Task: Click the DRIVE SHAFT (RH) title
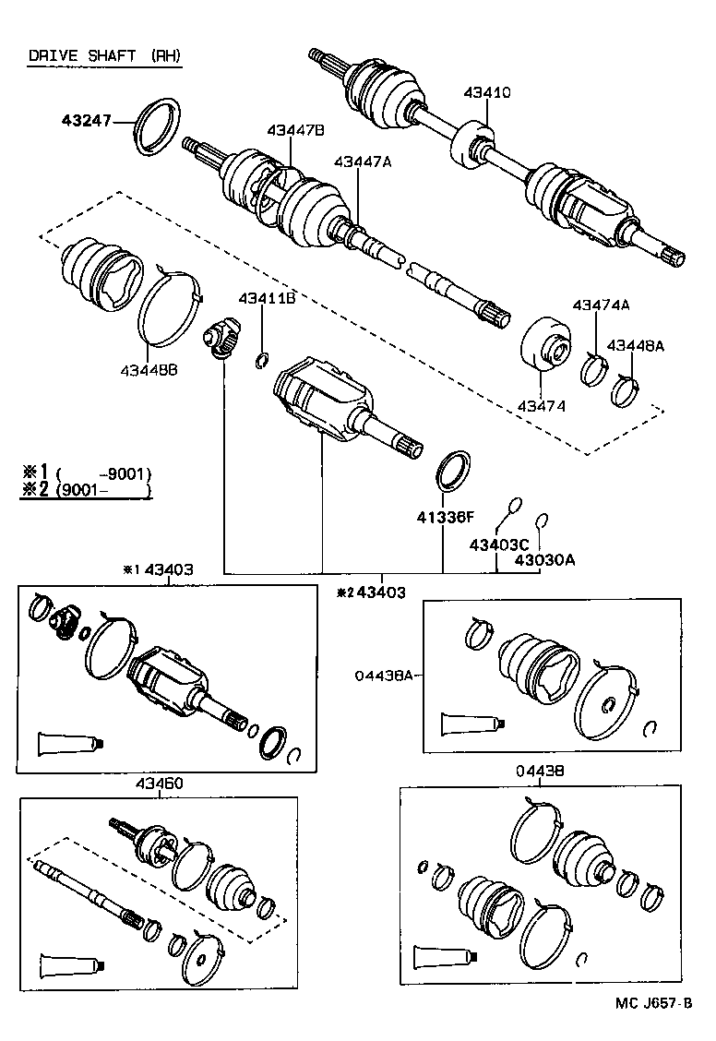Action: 104,55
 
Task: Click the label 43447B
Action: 296,131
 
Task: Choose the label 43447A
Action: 363,162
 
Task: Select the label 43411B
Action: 267,297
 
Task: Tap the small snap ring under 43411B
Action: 263,359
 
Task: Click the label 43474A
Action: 601,305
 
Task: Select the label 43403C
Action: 499,544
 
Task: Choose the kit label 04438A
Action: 382,675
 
